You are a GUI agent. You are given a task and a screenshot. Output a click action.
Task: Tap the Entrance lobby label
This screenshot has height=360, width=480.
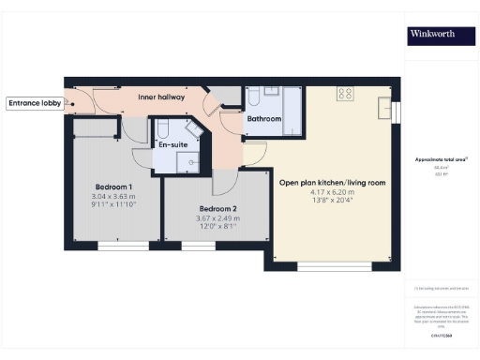click(33, 103)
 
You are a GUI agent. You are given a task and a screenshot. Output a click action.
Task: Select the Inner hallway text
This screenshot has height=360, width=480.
click(160, 97)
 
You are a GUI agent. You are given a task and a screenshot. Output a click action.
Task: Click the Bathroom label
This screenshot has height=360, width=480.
click(263, 119)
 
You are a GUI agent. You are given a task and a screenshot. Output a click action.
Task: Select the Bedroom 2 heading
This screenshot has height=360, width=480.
click(217, 208)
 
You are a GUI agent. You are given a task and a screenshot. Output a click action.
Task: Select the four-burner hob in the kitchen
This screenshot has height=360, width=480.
click(345, 94)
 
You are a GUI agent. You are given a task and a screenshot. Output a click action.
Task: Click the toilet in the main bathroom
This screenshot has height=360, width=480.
click(253, 97)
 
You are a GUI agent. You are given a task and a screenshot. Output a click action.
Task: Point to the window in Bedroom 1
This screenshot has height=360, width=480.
click(124, 246)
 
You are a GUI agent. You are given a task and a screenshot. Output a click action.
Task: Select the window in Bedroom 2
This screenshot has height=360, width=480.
click(198, 246)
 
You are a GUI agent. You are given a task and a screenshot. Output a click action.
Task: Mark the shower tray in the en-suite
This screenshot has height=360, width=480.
click(194, 160)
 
